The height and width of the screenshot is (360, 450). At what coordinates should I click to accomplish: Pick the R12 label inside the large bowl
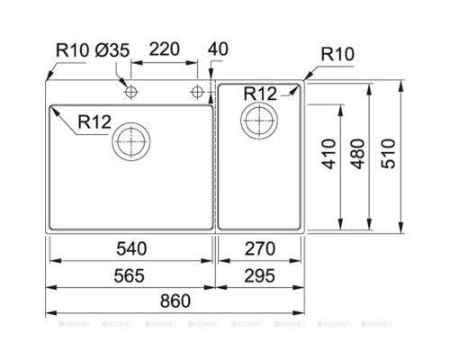pyautogui.click(x=94, y=121)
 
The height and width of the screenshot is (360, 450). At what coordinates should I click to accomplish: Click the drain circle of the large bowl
pyautogui.click(x=131, y=140)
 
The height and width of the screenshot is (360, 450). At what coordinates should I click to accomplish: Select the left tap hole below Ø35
pyautogui.click(x=131, y=92)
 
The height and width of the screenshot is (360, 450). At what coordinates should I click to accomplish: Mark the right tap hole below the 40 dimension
pyautogui.click(x=197, y=92)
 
